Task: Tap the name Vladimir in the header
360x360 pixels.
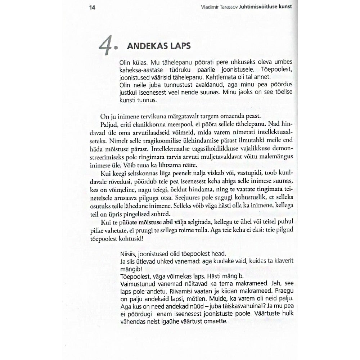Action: (x=211, y=7)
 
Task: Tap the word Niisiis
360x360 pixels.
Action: (x=127, y=253)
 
